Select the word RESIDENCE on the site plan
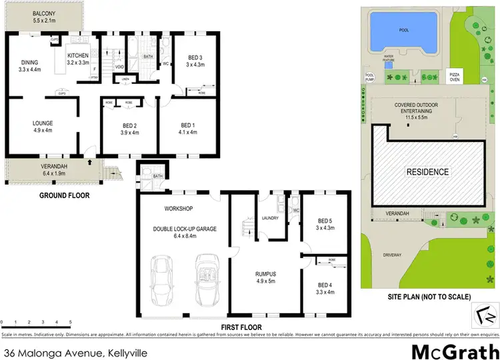click(x=427, y=172)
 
